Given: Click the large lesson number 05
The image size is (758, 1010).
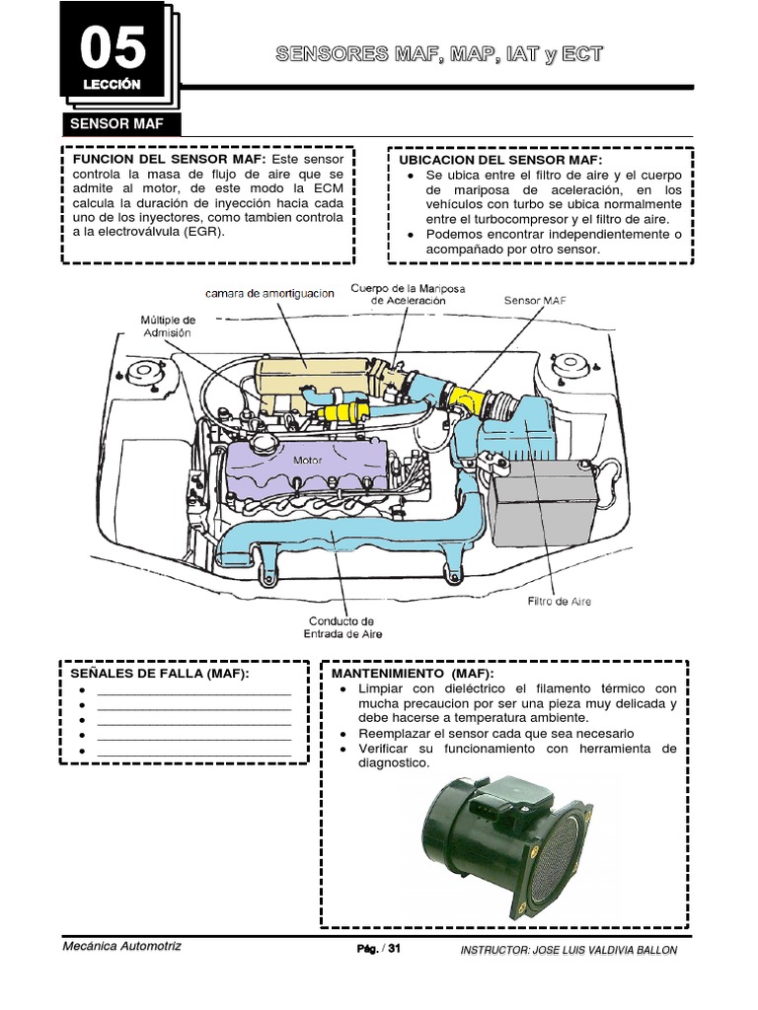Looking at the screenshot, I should click(113, 47).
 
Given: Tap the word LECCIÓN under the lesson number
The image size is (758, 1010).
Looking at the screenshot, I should click(113, 85).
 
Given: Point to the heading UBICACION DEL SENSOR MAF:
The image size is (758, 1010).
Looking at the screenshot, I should click(499, 160).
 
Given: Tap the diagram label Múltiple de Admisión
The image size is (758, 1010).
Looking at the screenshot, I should click(167, 326).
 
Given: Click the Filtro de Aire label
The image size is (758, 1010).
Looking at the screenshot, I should click(559, 601).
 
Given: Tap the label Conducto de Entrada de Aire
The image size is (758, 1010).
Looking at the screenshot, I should click(341, 627).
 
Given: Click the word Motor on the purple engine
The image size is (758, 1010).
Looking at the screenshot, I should click(306, 460).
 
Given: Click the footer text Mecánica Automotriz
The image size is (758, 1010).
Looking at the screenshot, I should click(121, 946).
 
